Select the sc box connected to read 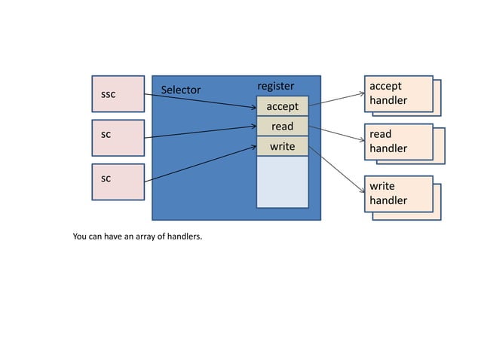117,137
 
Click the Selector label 181,90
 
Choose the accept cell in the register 283,106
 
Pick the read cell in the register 283,127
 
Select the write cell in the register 283,146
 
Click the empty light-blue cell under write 283,181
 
